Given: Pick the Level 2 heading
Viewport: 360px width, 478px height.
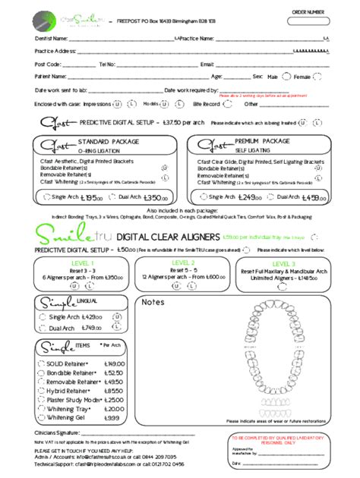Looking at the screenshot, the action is point(178,263).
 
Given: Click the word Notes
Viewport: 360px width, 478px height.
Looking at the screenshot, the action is point(153,303).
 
